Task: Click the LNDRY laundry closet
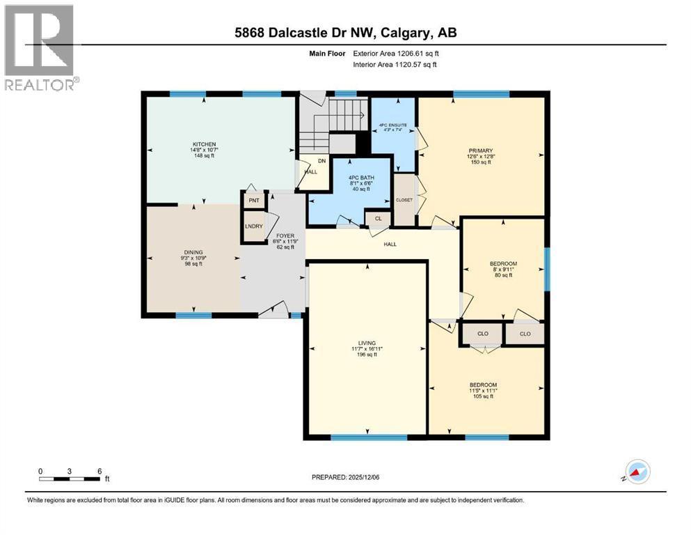click(x=253, y=226)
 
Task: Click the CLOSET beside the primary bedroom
click(x=404, y=200)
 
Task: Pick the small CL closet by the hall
click(x=378, y=219)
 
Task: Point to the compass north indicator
click(x=637, y=472)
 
